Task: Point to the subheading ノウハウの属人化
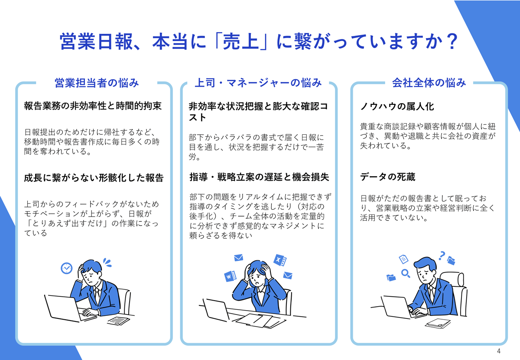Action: (397, 106)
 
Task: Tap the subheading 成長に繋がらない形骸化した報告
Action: (94, 178)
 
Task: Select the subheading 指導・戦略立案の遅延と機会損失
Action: (259, 177)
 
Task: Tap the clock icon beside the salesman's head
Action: (66, 268)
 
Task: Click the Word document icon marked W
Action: (229, 276)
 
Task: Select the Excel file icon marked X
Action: (279, 259)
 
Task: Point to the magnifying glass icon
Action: (406, 273)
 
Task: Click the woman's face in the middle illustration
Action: (258, 278)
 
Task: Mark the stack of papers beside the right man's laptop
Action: (438, 323)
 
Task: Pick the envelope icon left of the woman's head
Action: (238, 258)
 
